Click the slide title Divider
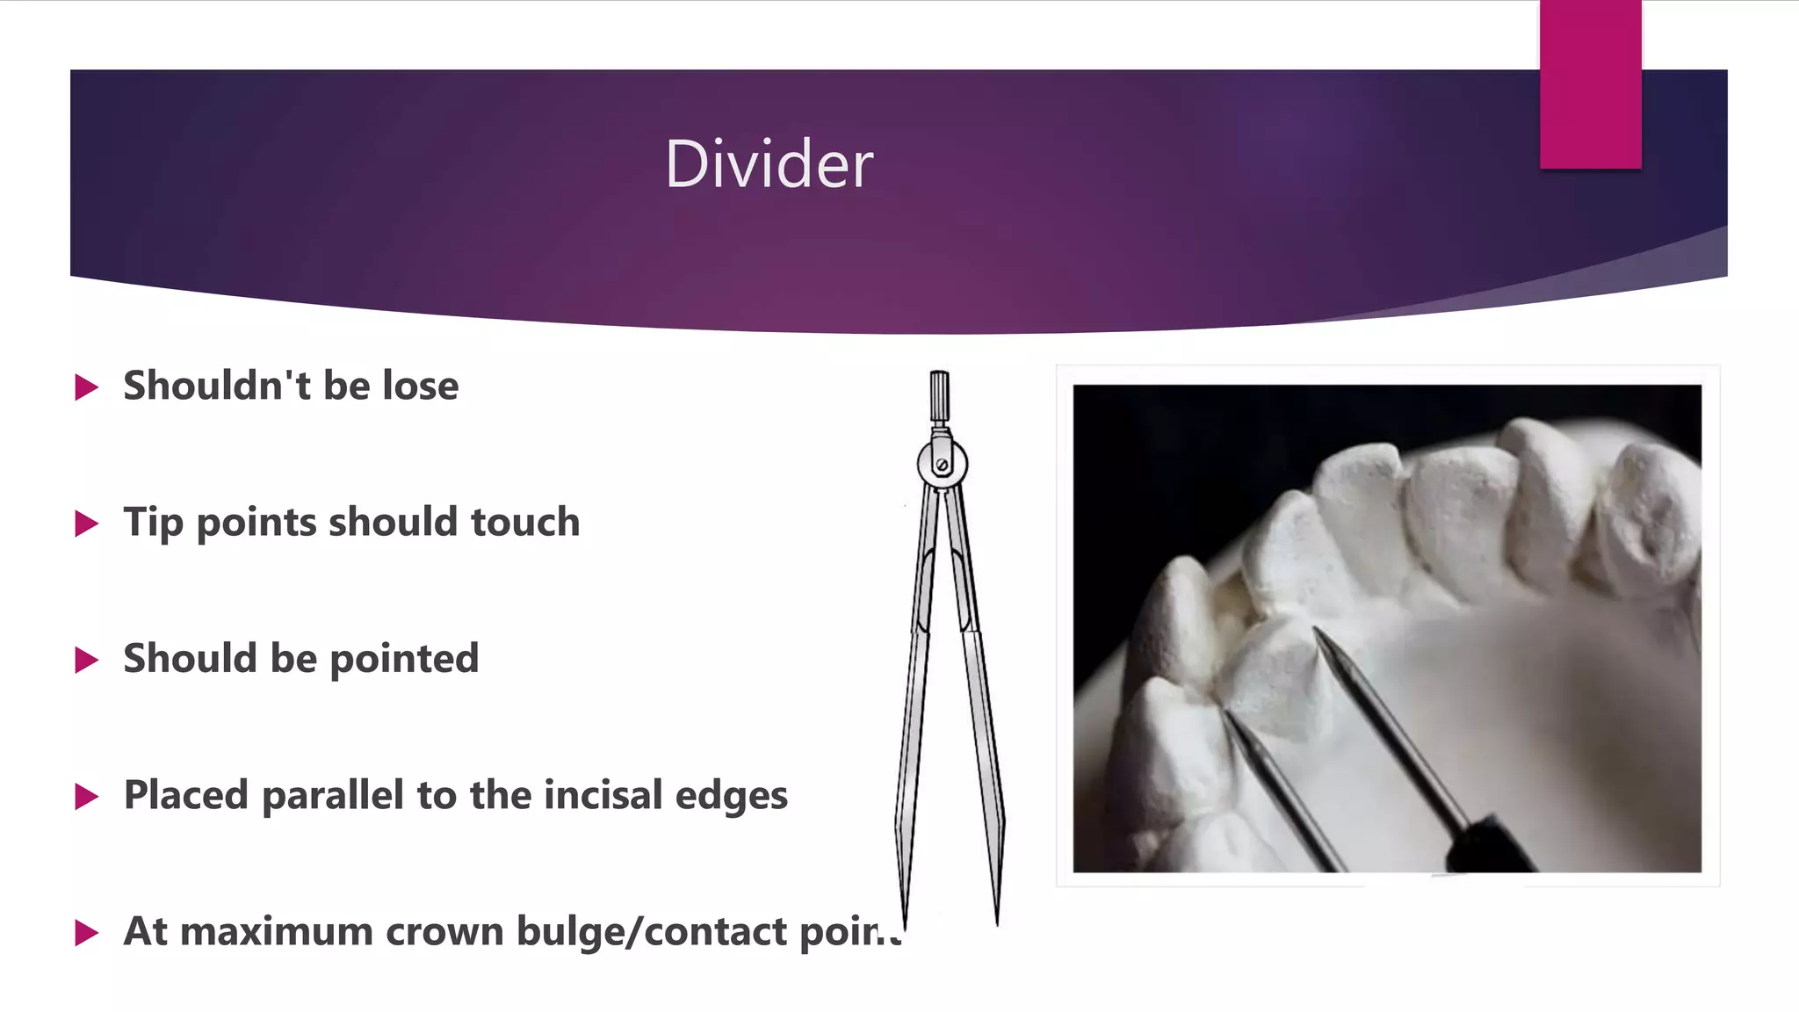coord(769,164)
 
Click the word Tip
coord(152,523)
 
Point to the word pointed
coord(403,659)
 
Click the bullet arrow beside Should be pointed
coord(86,660)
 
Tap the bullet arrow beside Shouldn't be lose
coord(86,387)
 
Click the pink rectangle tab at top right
coord(1590,83)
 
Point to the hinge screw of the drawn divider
coord(942,465)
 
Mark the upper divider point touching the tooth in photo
coord(1317,632)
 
